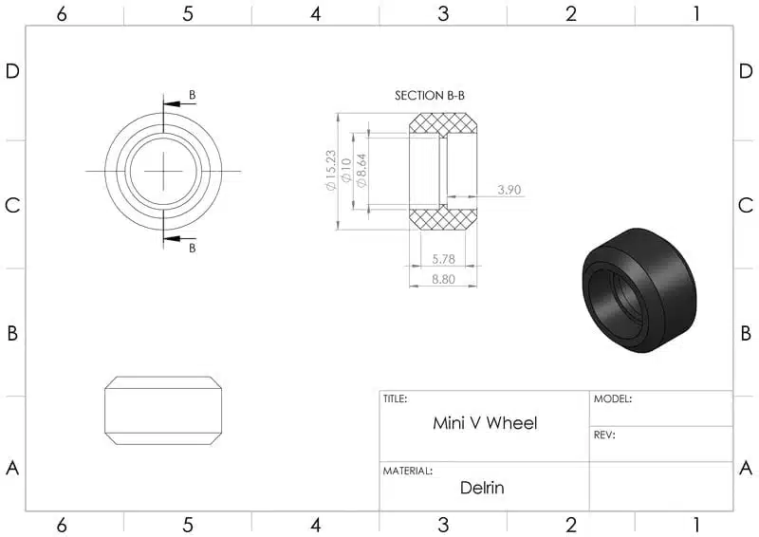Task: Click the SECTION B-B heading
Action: click(x=429, y=96)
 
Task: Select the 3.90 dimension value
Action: click(x=509, y=190)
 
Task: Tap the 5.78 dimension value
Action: click(x=444, y=258)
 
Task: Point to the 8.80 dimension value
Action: click(x=444, y=279)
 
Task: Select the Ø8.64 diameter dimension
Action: click(x=361, y=170)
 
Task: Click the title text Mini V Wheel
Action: click(x=484, y=423)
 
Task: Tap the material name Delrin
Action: click(x=482, y=489)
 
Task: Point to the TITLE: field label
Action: click(x=396, y=399)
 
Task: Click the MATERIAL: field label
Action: click(x=408, y=471)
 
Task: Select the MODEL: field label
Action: click(x=613, y=399)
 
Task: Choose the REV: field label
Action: click(x=604, y=435)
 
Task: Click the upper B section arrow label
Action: click(x=193, y=95)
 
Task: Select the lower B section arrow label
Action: click(x=193, y=248)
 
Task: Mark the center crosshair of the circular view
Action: click(x=163, y=171)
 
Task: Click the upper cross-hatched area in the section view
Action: click(x=444, y=124)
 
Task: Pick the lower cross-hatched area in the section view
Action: click(x=444, y=218)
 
